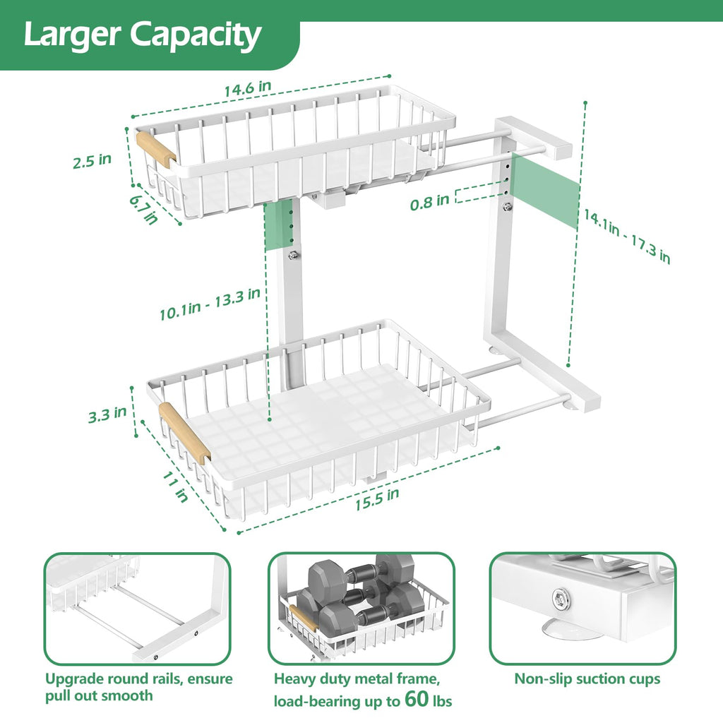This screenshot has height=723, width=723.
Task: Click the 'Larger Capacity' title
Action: [x=142, y=35]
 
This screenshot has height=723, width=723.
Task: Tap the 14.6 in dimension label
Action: [x=248, y=89]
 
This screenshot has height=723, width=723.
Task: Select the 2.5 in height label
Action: [x=92, y=160]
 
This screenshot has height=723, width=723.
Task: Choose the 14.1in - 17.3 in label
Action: [x=625, y=236]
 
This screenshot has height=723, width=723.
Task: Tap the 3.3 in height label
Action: [x=107, y=414]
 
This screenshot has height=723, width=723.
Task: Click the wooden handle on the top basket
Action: [x=155, y=149]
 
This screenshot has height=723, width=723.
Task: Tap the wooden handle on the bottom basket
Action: [x=184, y=433]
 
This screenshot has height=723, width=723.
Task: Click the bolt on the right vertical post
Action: [x=507, y=207]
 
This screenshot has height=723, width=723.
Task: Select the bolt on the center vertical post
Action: [x=293, y=255]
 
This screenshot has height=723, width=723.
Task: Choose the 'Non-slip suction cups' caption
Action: [x=587, y=679]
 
